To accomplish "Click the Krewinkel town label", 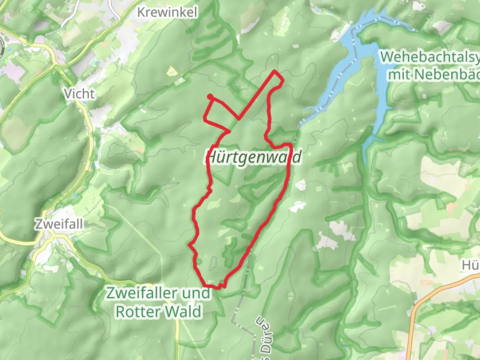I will coord(167,12).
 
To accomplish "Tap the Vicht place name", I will coord(79,94).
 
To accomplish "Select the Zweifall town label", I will coord(59,224).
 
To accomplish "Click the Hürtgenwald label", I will coord(253,157).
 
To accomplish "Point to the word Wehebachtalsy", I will coord(430,57).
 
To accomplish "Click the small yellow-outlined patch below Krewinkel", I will coord(172,71).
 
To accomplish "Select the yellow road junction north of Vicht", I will coord(54,63).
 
